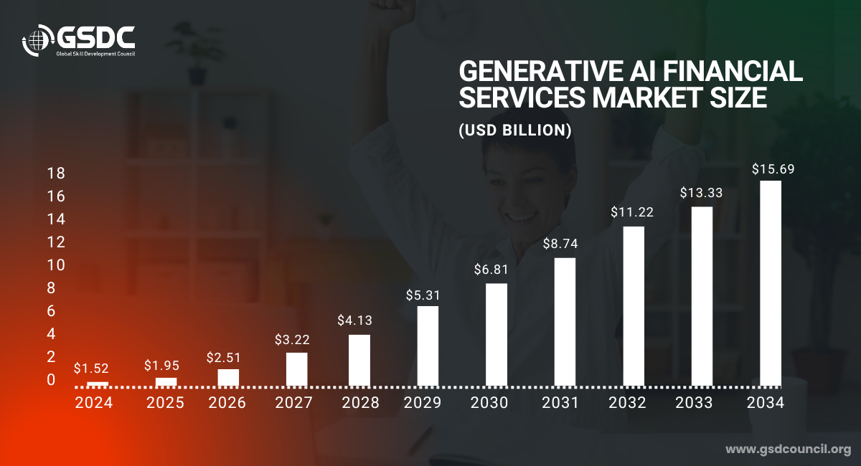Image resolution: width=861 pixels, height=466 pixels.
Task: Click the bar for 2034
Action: pos(771,283)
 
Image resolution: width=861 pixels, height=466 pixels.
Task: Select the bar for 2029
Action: pos(428,346)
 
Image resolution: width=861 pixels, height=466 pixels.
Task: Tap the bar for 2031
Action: pos(565,321)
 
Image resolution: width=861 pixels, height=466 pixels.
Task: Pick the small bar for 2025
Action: pos(166,381)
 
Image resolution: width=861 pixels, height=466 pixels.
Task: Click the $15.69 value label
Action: pos(773,170)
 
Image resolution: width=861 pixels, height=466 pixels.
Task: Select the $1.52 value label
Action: pos(91,368)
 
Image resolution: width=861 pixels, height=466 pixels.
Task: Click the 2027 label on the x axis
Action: pos(293,403)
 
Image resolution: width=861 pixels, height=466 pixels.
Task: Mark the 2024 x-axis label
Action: pos(94,403)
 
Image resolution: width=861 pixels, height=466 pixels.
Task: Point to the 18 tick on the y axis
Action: pos(55,173)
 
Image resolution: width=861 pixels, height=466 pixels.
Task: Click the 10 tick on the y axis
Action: pos(55,265)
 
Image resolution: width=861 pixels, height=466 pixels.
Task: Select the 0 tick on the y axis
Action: pos(51,380)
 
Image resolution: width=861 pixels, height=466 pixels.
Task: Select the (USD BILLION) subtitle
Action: pos(514,131)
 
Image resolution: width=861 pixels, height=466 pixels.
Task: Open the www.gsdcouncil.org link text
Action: pos(788,450)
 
